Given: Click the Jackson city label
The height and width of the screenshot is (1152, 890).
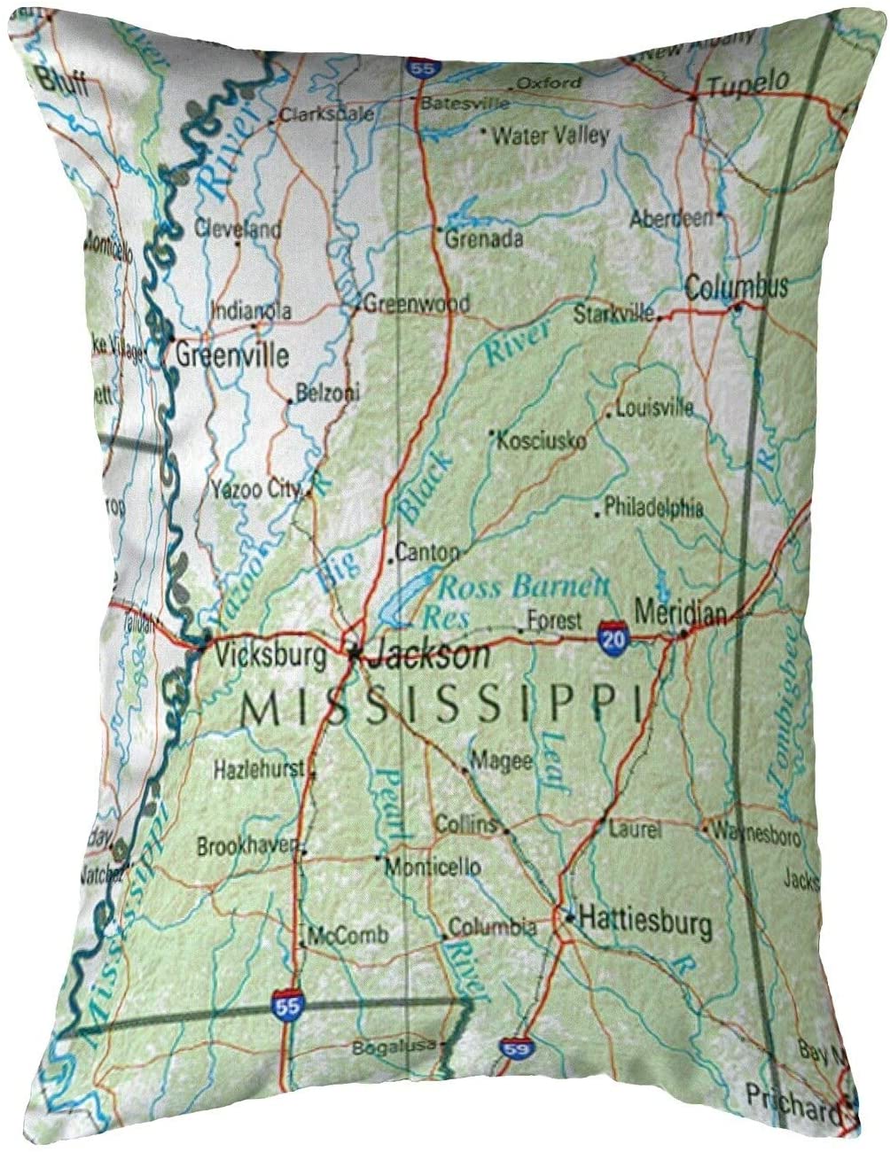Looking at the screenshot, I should tap(429, 656).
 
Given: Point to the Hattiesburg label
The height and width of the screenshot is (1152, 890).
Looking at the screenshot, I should tap(644, 923).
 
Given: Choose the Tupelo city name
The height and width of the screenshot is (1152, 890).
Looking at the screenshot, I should tap(748, 83).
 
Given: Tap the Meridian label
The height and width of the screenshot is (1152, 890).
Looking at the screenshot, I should tap(681, 612).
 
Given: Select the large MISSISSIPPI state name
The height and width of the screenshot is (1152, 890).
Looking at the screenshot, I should tap(441, 706).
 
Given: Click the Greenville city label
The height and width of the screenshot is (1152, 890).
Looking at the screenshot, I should tap(232, 355).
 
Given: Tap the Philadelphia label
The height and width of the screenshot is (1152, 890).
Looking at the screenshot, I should tap(653, 508).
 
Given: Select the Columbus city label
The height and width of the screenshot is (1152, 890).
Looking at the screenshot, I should tap(736, 287).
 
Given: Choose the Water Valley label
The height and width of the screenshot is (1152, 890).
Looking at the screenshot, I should tap(550, 136).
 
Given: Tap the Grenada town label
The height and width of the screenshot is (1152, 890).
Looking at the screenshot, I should tap(483, 237).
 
